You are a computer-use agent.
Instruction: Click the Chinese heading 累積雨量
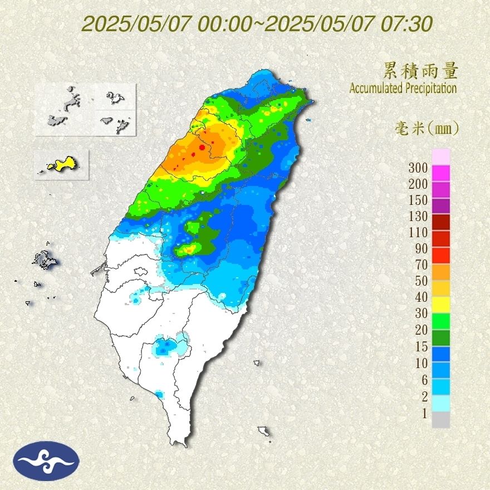click(420, 71)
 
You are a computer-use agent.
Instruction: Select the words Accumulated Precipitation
click(403, 88)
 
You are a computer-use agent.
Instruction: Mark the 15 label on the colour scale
click(420, 346)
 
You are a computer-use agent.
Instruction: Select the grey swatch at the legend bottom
click(440, 420)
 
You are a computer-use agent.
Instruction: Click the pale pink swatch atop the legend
click(440, 157)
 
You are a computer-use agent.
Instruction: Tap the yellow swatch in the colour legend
click(440, 305)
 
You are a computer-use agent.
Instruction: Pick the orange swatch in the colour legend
click(440, 272)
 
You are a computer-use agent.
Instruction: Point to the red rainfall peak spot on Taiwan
click(201, 148)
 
